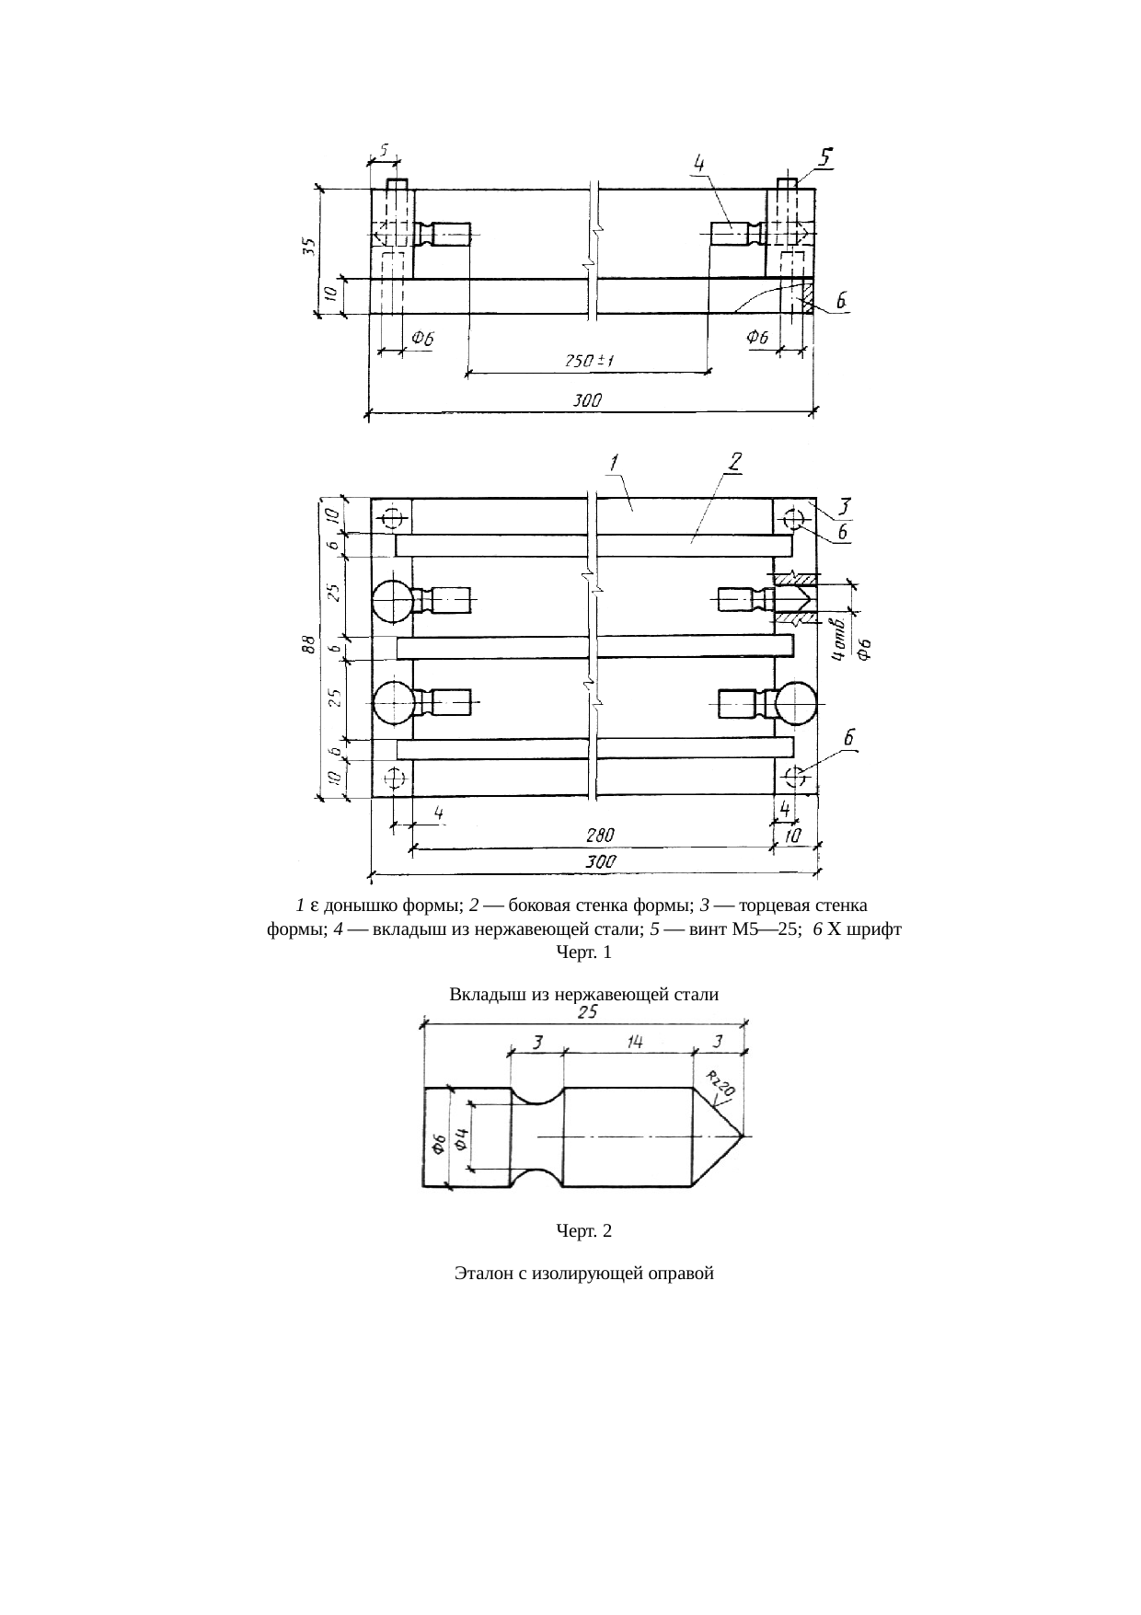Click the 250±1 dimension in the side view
589,362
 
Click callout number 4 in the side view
699,163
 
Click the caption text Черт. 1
583,952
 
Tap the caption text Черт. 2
583,1230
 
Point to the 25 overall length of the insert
587,1012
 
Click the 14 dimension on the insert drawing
635,1042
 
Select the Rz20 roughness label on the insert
721,1083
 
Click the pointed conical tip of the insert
740,1136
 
